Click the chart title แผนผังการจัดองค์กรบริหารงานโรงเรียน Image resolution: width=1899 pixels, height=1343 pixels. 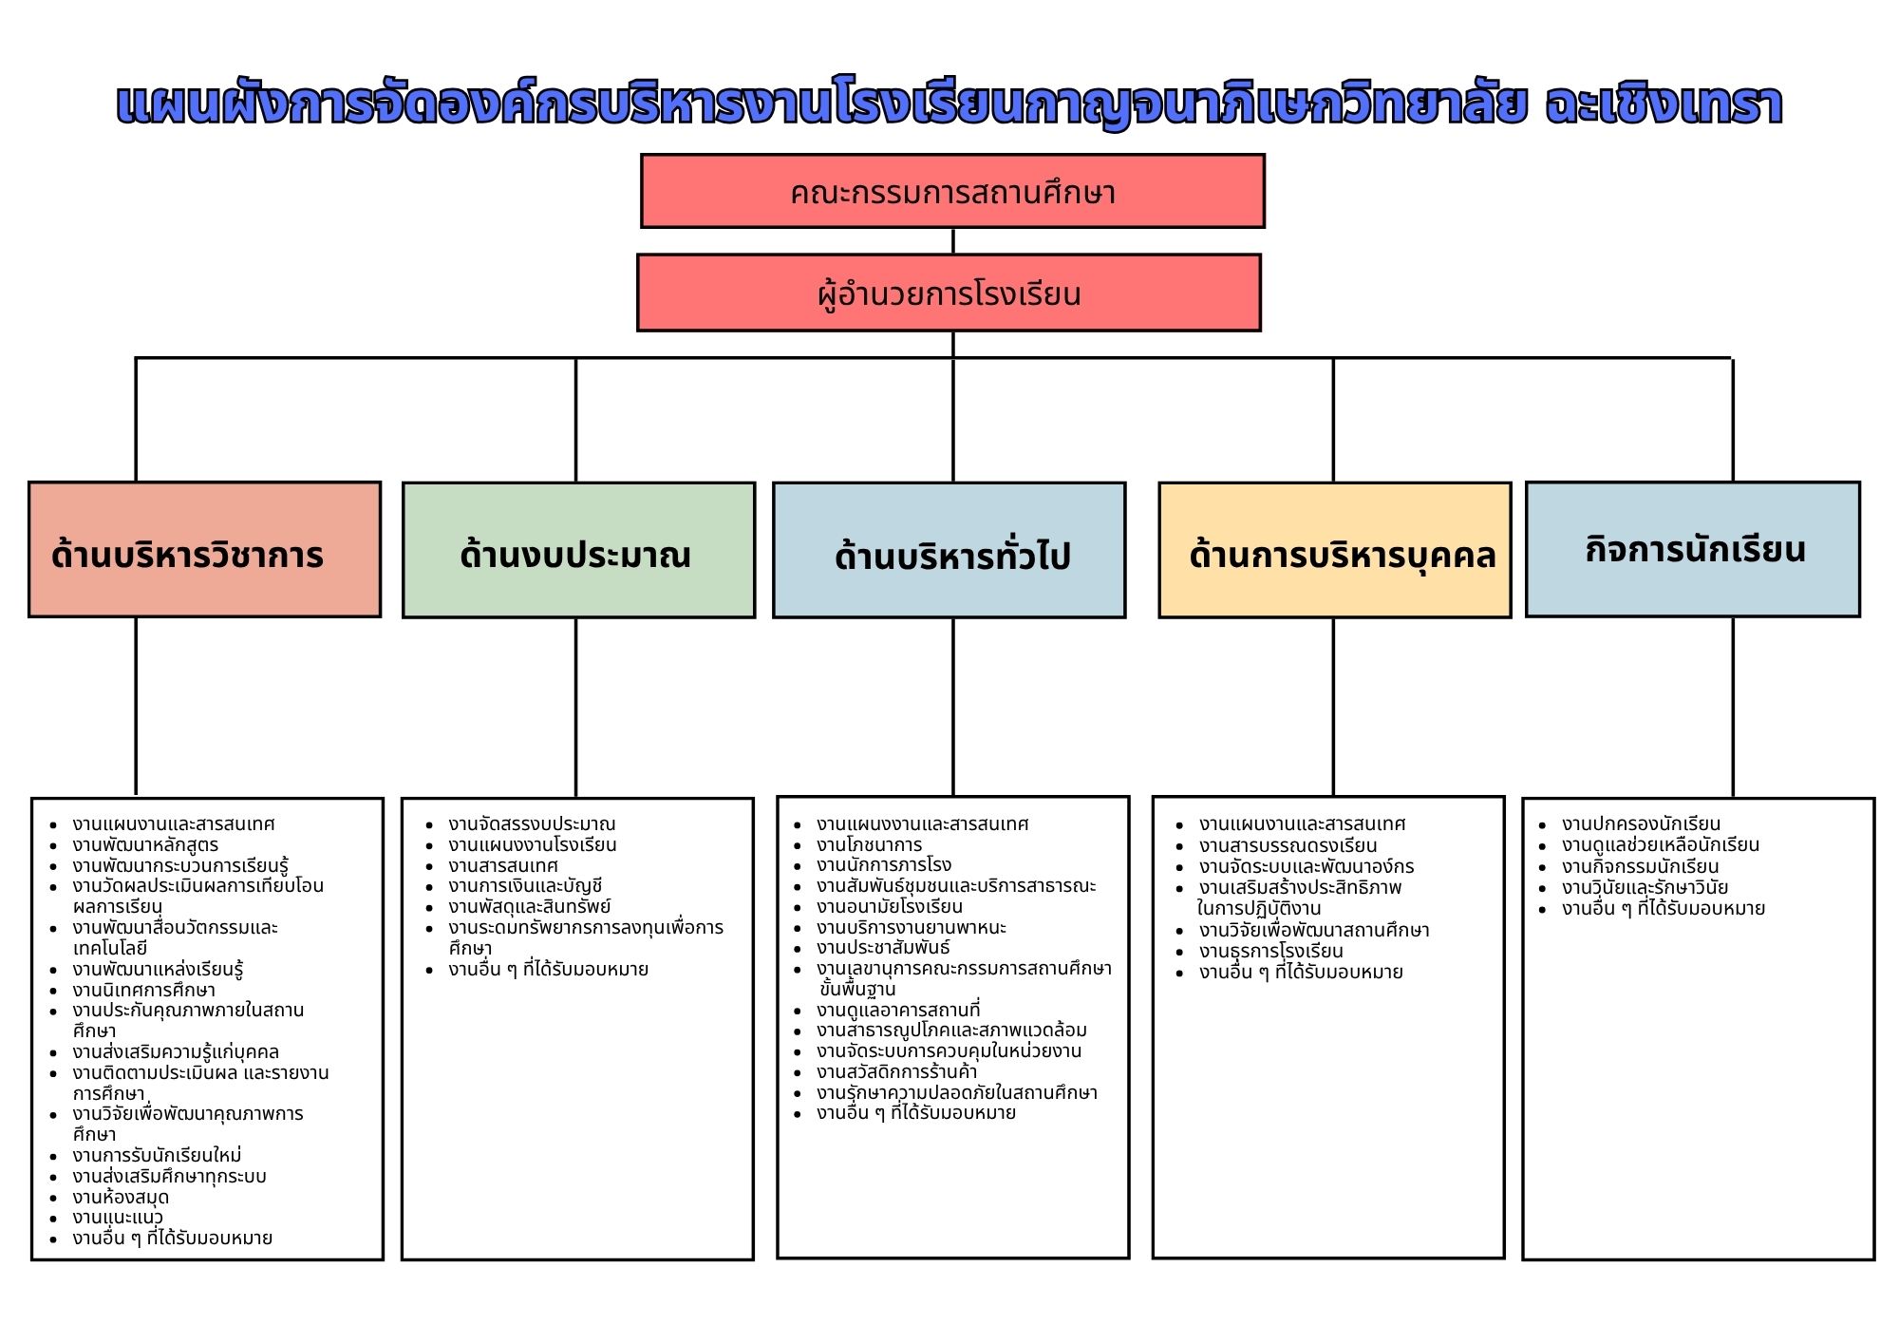(x=949, y=104)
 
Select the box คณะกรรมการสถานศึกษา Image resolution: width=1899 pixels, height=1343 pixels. (x=952, y=191)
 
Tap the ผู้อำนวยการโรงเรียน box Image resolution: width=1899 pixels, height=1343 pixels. (x=949, y=293)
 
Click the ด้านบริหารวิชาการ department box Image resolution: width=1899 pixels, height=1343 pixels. (x=204, y=550)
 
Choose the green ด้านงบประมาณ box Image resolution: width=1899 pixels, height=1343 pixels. (x=578, y=550)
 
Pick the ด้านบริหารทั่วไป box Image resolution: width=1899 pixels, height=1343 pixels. (x=949, y=550)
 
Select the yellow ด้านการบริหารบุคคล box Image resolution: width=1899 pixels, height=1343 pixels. (x=1334, y=550)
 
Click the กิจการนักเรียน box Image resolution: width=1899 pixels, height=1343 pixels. (x=1692, y=549)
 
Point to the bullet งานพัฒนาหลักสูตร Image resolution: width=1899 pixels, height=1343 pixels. (x=145, y=844)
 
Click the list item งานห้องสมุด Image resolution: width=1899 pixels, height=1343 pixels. (x=121, y=1197)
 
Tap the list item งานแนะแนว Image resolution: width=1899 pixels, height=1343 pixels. (x=118, y=1218)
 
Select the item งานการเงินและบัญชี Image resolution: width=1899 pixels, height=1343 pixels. (x=525, y=886)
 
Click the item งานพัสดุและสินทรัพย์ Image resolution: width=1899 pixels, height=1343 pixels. (x=530, y=906)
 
